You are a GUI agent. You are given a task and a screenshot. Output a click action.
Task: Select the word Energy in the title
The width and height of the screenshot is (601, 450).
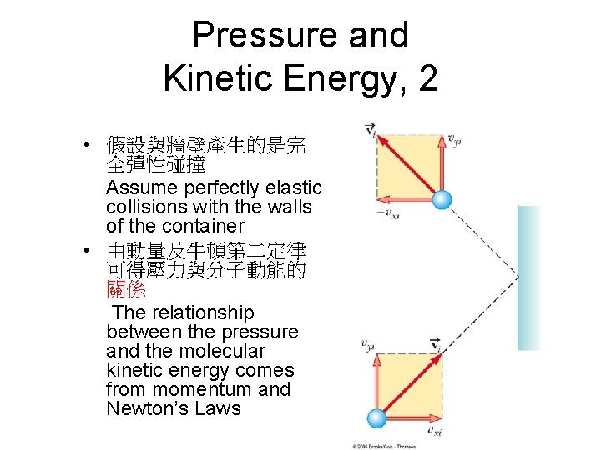coord(339,80)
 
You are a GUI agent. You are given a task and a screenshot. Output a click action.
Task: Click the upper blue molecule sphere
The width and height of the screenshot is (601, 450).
coord(441,200)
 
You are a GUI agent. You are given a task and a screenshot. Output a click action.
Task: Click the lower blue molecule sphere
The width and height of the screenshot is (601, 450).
coord(378,418)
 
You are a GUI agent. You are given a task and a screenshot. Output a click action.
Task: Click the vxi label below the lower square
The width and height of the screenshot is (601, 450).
coord(433,430)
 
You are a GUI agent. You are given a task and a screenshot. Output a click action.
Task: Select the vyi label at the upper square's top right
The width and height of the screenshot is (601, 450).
coord(455,139)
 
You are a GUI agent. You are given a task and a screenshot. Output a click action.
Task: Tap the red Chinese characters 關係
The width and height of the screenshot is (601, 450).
coord(126,291)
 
